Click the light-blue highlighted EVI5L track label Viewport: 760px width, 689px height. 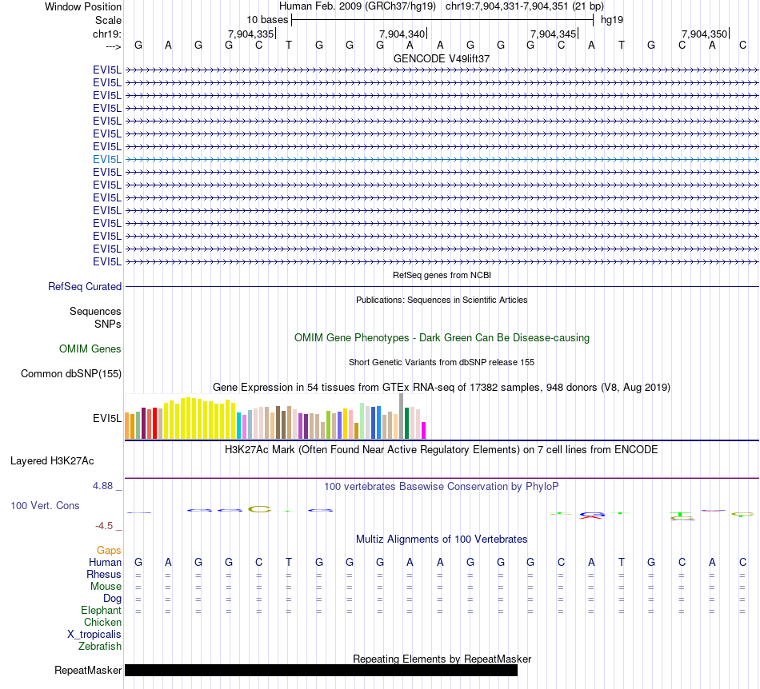(x=107, y=159)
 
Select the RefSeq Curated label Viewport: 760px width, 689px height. (x=85, y=286)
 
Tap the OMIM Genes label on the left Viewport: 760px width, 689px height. (x=90, y=348)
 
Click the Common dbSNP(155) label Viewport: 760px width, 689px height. (x=70, y=373)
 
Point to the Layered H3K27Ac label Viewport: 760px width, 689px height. (x=52, y=460)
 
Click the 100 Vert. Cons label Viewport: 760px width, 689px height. (x=45, y=505)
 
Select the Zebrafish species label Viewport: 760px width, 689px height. (x=100, y=646)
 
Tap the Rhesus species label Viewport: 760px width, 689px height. (x=104, y=574)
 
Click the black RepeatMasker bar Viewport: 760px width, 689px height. (x=321, y=670)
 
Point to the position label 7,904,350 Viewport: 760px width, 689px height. (x=704, y=34)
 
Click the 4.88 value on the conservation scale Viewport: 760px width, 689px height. (x=106, y=485)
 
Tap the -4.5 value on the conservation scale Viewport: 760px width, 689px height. (x=108, y=525)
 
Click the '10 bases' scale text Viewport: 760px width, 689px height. (x=267, y=19)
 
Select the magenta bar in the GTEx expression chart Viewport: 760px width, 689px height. (x=424, y=430)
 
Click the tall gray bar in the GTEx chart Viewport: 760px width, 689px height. (x=402, y=416)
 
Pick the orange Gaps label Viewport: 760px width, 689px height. (x=109, y=550)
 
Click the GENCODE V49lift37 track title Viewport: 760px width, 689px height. (x=442, y=58)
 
